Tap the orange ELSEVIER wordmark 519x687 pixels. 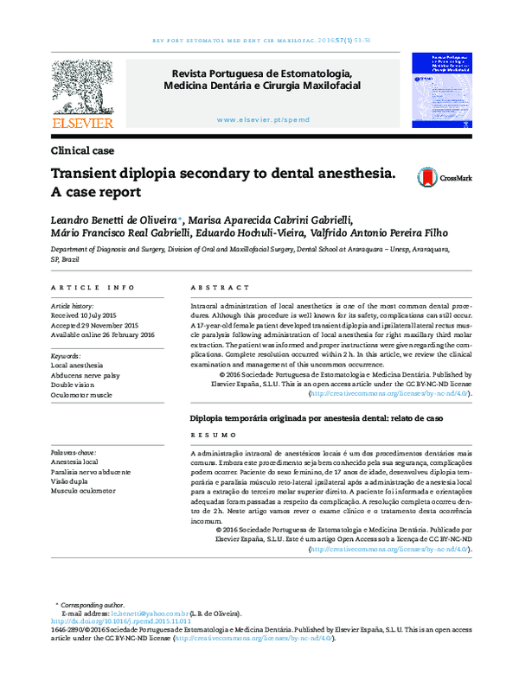pos(83,124)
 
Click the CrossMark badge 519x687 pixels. pos(445,178)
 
